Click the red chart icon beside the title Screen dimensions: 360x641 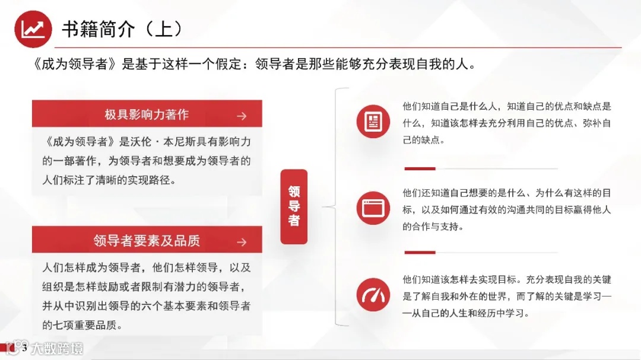(x=33, y=28)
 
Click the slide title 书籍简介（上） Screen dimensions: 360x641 (x=122, y=28)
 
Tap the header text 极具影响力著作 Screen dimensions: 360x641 (x=147, y=115)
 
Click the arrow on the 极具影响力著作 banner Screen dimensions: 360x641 (x=241, y=116)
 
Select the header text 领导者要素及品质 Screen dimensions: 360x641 (x=147, y=241)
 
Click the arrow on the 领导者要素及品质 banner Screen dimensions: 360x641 (x=241, y=242)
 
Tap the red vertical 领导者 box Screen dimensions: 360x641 (x=294, y=206)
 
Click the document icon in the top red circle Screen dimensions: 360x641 (x=373, y=121)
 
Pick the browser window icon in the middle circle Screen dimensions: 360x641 (x=373, y=208)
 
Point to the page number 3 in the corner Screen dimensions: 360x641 (x=24, y=348)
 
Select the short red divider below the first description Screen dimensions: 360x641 (x=420, y=168)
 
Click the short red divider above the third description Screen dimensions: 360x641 (x=420, y=253)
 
